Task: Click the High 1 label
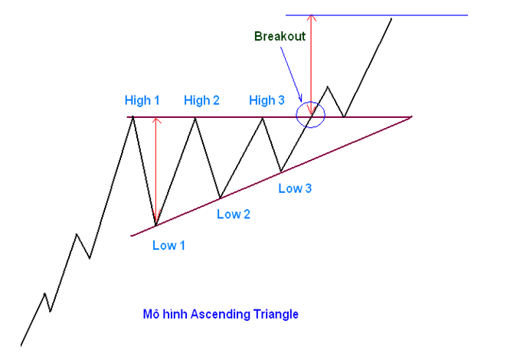pos(142,100)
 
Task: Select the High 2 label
pos(201,100)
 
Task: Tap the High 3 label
pos(267,100)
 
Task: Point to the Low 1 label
pos(168,246)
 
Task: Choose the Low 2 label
pos(234,214)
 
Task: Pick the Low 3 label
pos(295,188)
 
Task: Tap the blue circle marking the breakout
pos(312,115)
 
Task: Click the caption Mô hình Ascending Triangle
pos(221,314)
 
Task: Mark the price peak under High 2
pos(196,117)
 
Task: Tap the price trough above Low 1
pos(155,225)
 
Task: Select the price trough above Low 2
pos(221,198)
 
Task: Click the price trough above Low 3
pos(280,170)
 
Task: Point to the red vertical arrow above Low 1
pos(155,169)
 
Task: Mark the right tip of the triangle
pos(411,117)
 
